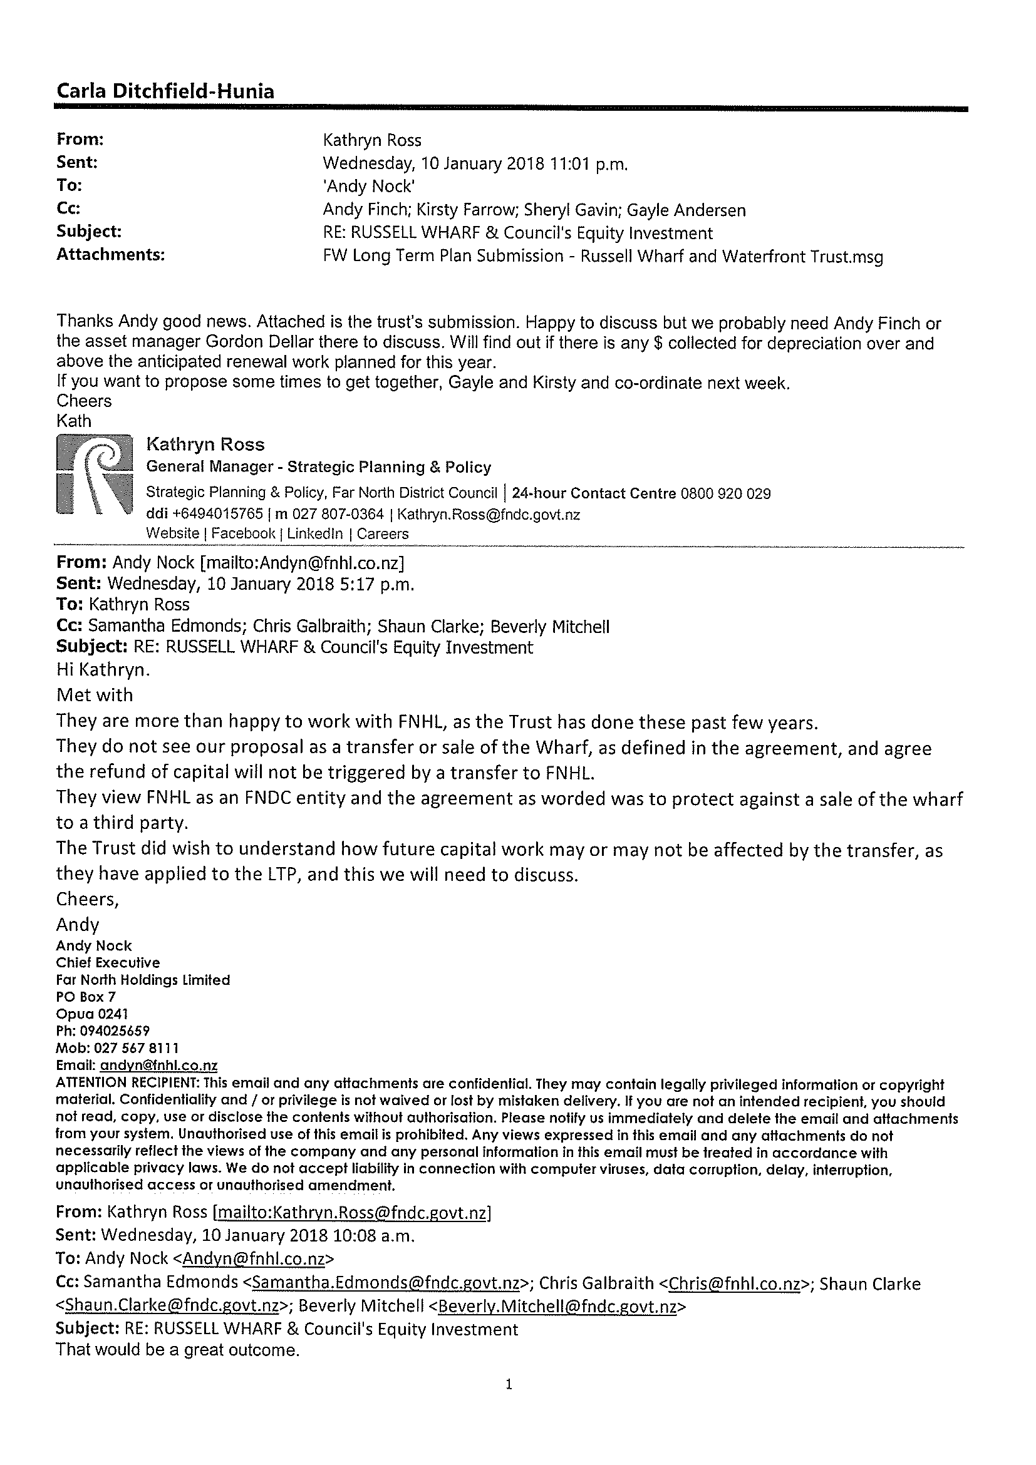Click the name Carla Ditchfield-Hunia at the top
point(165,91)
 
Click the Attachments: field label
point(110,255)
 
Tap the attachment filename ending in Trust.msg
point(603,256)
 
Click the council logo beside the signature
point(95,475)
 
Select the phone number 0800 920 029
point(726,493)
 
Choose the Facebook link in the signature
point(243,533)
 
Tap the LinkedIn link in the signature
point(314,533)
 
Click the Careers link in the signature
point(382,533)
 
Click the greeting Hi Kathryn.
point(103,669)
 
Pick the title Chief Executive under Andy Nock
point(108,962)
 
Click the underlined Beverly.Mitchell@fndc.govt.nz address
point(557,1306)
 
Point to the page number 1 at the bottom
point(509,1384)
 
